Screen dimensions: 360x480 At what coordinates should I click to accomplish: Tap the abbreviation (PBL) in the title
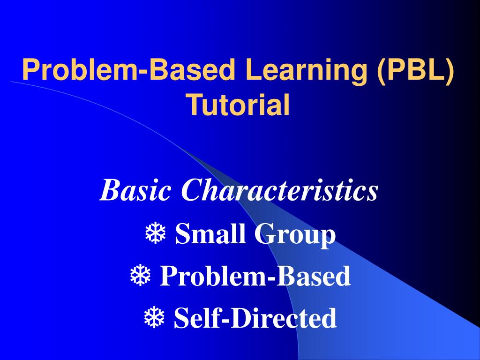[415, 70]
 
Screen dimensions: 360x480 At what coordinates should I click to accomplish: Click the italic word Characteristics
[280, 191]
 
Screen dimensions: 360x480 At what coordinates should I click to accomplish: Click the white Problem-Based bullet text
[255, 276]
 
